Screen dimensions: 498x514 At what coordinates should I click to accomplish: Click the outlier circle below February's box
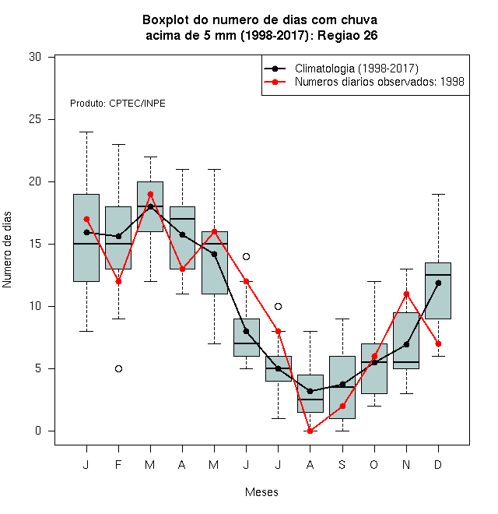pos(118,369)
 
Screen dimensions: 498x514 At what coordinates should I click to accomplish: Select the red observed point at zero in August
pos(310,431)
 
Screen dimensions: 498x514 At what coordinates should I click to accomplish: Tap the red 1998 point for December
pos(438,344)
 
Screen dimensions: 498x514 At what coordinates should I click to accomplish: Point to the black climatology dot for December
pos(438,283)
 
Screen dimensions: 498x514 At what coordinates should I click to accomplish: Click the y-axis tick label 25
pos(35,119)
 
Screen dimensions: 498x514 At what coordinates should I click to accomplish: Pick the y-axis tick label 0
pos(38,431)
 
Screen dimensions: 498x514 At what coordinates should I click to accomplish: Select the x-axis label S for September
pos(342,464)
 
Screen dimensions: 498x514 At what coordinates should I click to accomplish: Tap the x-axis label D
pos(438,464)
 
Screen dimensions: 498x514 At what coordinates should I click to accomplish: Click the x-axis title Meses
pos(261,492)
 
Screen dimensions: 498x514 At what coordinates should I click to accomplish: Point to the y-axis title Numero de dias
pos(7,250)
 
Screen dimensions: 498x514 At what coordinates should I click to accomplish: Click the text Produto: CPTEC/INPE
pos(117,104)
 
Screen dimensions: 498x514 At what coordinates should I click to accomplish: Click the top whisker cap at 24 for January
pos(87,132)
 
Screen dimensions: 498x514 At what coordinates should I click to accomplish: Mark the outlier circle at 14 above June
pos(247,256)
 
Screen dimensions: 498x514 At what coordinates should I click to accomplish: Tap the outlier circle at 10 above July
pos(278,307)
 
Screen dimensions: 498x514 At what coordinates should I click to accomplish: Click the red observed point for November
pos(407,294)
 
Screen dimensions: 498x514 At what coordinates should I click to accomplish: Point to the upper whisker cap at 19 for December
pos(438,194)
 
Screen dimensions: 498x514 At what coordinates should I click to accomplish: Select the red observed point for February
pos(118,282)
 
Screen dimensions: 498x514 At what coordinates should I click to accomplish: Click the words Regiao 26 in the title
pos(348,35)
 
